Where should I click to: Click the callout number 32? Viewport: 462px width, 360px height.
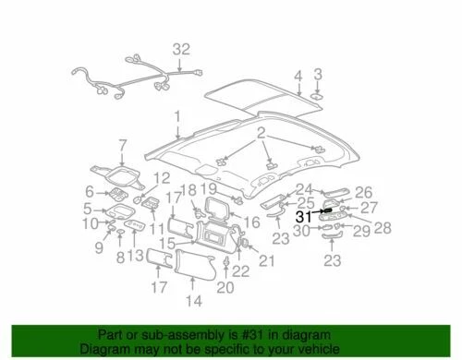click(181, 50)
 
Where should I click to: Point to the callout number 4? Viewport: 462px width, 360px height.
click(298, 76)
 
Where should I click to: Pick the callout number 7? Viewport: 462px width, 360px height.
click(121, 145)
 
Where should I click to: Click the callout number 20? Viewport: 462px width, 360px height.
click(224, 288)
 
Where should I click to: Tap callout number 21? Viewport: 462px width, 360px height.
click(269, 263)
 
